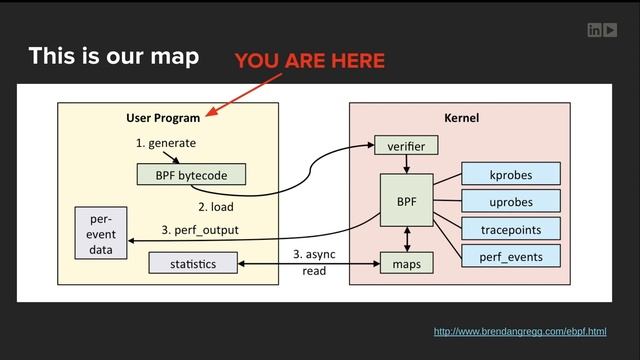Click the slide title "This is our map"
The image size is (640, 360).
coord(113,56)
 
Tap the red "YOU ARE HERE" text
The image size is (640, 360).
coord(309,62)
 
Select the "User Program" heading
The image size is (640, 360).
coord(163,118)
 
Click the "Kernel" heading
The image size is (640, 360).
coord(460,118)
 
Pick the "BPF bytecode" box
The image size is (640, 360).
coord(191,175)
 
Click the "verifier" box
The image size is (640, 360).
coord(406,147)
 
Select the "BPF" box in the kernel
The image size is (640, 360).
coord(406,201)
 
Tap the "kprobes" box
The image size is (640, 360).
coord(510,174)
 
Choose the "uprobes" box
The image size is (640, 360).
coord(510,202)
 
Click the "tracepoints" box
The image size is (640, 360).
coord(510,229)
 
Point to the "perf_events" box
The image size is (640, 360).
coord(510,256)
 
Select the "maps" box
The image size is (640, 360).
coord(406,264)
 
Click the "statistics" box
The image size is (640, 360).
coord(194,263)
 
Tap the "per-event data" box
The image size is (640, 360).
coord(101,234)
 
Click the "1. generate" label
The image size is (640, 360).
coord(166,143)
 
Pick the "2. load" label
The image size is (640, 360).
coord(215,207)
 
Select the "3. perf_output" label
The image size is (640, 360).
coord(200,230)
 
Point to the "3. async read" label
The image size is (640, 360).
coord(314,263)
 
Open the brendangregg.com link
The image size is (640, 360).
coord(520,331)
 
